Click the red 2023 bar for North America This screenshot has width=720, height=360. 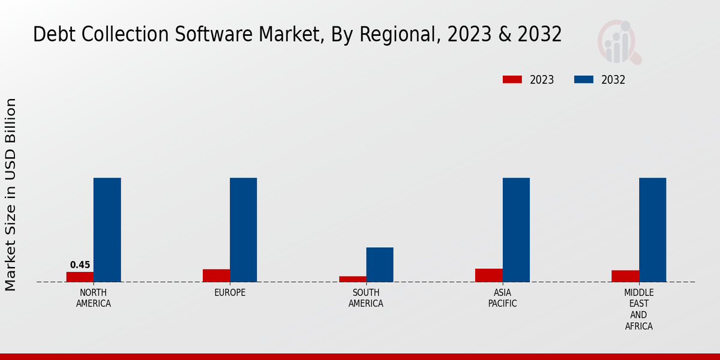tap(80, 277)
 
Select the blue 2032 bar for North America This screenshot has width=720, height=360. tap(107, 230)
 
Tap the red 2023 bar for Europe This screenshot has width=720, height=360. tap(216, 275)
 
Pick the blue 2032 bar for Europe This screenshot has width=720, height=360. tap(243, 230)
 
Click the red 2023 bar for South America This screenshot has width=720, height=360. tap(352, 279)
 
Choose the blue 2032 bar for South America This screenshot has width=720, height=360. tap(380, 265)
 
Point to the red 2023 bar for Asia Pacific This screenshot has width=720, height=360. tap(488, 275)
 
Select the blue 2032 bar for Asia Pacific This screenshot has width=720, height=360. tap(516, 230)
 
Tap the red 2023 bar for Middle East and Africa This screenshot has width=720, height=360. tap(625, 276)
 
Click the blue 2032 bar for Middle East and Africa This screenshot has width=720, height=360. tap(652, 230)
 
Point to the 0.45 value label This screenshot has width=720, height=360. tap(80, 265)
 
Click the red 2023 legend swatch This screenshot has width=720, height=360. tap(512, 80)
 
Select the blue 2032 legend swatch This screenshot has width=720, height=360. tap(584, 80)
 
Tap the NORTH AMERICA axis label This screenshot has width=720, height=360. tap(93, 298)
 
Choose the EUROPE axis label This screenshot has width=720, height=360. tap(230, 293)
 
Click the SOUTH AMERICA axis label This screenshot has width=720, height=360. tap(366, 298)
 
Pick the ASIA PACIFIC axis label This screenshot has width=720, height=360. tap(502, 298)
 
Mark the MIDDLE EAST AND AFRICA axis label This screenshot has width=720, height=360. tap(638, 310)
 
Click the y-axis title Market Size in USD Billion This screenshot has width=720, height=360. tap(11, 195)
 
